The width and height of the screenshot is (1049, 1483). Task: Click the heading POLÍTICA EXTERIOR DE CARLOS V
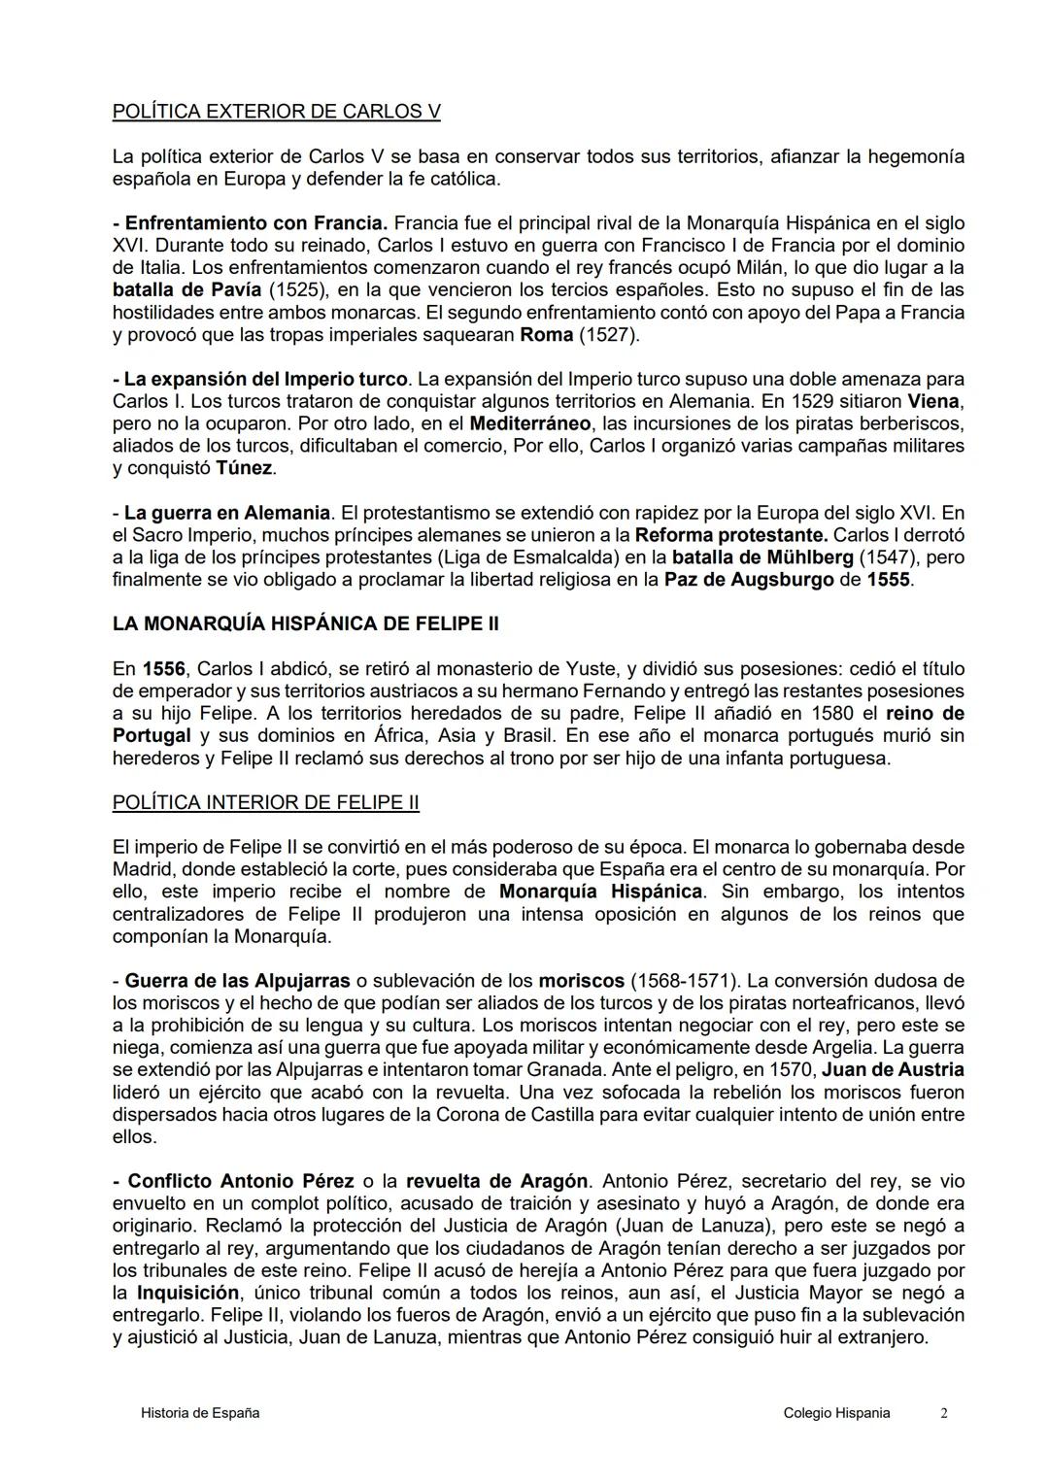(276, 112)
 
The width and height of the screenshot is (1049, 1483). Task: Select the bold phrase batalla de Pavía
(186, 290)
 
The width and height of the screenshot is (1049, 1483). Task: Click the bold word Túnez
(244, 468)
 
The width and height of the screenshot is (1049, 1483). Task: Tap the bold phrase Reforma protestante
(730, 535)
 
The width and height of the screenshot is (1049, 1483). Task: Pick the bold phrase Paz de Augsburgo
(749, 580)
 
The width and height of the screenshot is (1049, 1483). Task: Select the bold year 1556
(163, 669)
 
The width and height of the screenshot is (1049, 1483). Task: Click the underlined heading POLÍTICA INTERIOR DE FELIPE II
(265, 802)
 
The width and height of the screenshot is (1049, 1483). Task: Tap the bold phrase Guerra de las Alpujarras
(237, 981)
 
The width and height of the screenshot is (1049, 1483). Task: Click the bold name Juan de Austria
(893, 1070)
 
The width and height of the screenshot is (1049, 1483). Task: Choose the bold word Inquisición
(187, 1294)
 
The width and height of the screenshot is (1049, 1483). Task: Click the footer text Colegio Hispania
(836, 1413)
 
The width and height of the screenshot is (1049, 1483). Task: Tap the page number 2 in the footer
(943, 1413)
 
